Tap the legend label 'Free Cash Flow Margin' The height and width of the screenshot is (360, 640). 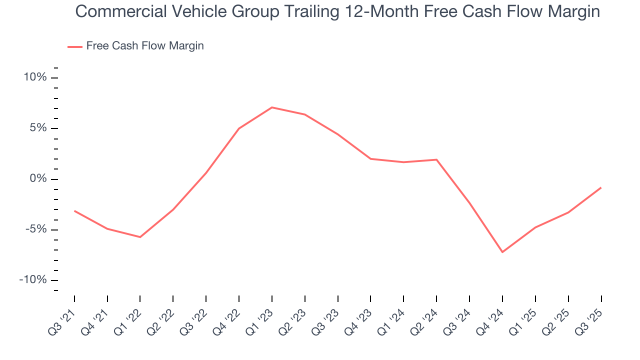coord(145,46)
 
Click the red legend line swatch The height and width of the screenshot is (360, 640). coord(75,46)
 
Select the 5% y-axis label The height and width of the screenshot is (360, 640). coord(38,128)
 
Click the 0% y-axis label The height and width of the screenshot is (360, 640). coord(38,179)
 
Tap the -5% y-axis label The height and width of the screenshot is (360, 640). coord(36,229)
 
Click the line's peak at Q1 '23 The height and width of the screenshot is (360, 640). coord(271,107)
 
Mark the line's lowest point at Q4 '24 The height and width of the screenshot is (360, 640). coord(502,252)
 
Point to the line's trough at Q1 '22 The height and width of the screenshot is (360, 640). coord(140,237)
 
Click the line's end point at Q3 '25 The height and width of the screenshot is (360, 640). coord(600,187)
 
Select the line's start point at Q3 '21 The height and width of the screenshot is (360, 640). coord(74,211)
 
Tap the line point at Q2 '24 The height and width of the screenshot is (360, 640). coord(436,159)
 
